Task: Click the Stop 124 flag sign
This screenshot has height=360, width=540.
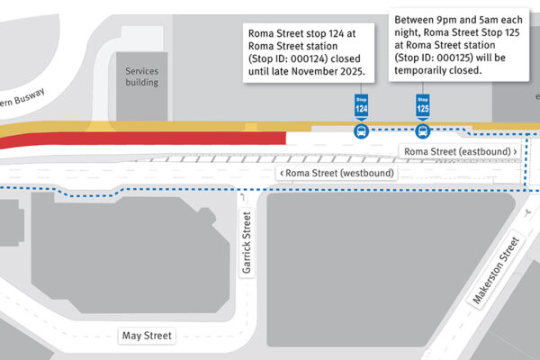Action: click(x=361, y=105)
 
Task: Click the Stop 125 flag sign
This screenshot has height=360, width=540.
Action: click(x=422, y=105)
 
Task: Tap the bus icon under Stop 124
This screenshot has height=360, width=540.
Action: click(x=361, y=131)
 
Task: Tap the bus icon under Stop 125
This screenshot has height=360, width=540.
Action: click(x=422, y=131)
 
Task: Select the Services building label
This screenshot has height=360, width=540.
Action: click(x=141, y=76)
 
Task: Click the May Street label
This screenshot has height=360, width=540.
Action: click(x=146, y=337)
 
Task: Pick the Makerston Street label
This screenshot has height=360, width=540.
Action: click(x=496, y=271)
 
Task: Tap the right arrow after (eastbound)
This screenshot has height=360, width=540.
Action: click(x=515, y=152)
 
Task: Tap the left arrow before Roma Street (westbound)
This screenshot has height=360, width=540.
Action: click(x=282, y=173)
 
